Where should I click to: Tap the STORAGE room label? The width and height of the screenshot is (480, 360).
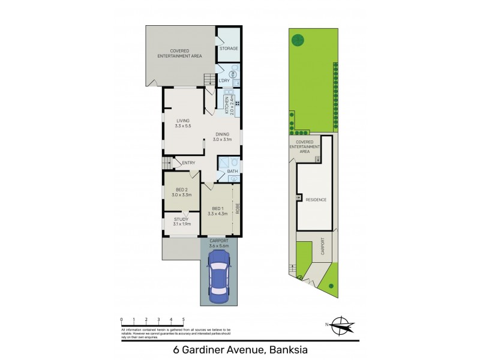point(228,48)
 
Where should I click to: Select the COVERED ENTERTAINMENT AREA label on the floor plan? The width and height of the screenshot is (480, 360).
point(179,53)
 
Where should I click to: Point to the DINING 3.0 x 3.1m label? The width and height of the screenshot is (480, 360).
point(223,137)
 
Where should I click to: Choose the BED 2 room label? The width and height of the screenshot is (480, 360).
point(182,192)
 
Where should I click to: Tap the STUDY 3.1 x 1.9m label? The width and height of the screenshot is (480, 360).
point(182,221)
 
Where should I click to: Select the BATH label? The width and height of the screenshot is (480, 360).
point(232,172)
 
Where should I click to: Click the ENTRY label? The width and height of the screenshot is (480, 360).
point(188,163)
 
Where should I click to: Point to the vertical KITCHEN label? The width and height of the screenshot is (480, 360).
point(227,105)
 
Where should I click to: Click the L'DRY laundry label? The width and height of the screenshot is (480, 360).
point(223,80)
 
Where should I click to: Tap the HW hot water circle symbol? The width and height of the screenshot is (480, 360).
point(233,74)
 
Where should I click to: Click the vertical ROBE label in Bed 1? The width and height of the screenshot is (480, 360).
point(238,209)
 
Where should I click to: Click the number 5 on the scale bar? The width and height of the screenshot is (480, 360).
point(183,320)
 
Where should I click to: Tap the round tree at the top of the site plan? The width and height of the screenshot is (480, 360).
point(298,40)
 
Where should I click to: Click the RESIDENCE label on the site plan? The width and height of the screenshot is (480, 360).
point(316,199)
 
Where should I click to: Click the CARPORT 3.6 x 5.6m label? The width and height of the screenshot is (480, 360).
point(219,243)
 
